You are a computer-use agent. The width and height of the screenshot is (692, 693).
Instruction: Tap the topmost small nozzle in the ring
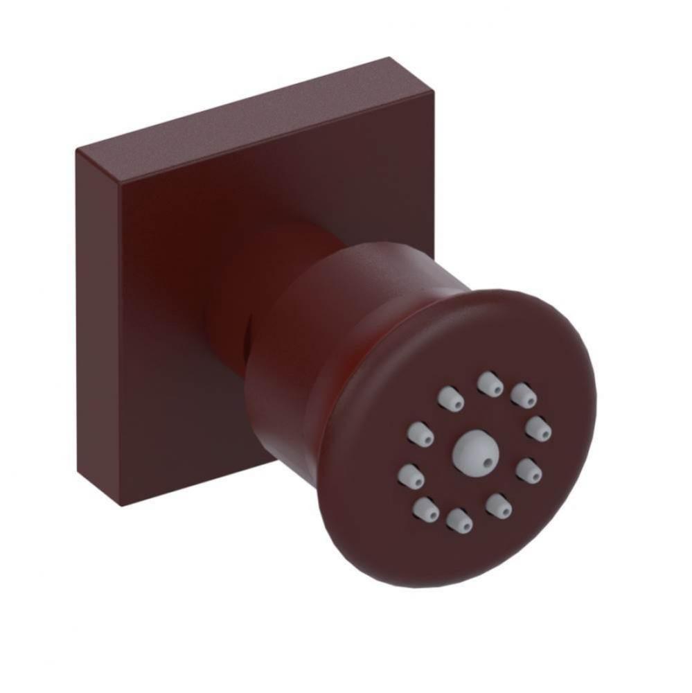[x=490, y=383]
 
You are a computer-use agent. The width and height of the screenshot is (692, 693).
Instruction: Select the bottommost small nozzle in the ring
[x=459, y=520]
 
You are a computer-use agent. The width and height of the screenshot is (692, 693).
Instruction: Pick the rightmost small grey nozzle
[x=538, y=428]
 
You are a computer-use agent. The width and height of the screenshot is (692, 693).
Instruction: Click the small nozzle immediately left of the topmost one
[x=450, y=398]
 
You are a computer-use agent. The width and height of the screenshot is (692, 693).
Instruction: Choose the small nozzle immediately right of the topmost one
[x=524, y=395]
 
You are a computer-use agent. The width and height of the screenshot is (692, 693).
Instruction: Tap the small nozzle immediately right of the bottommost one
[x=498, y=505]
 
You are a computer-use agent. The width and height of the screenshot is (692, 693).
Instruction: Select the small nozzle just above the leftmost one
[x=420, y=434]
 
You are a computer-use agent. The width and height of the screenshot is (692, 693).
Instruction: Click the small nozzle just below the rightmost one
[x=529, y=470]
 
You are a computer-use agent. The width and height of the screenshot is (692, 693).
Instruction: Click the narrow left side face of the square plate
[x=97, y=326]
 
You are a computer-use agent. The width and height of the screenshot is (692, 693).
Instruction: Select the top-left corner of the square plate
[x=78, y=151]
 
